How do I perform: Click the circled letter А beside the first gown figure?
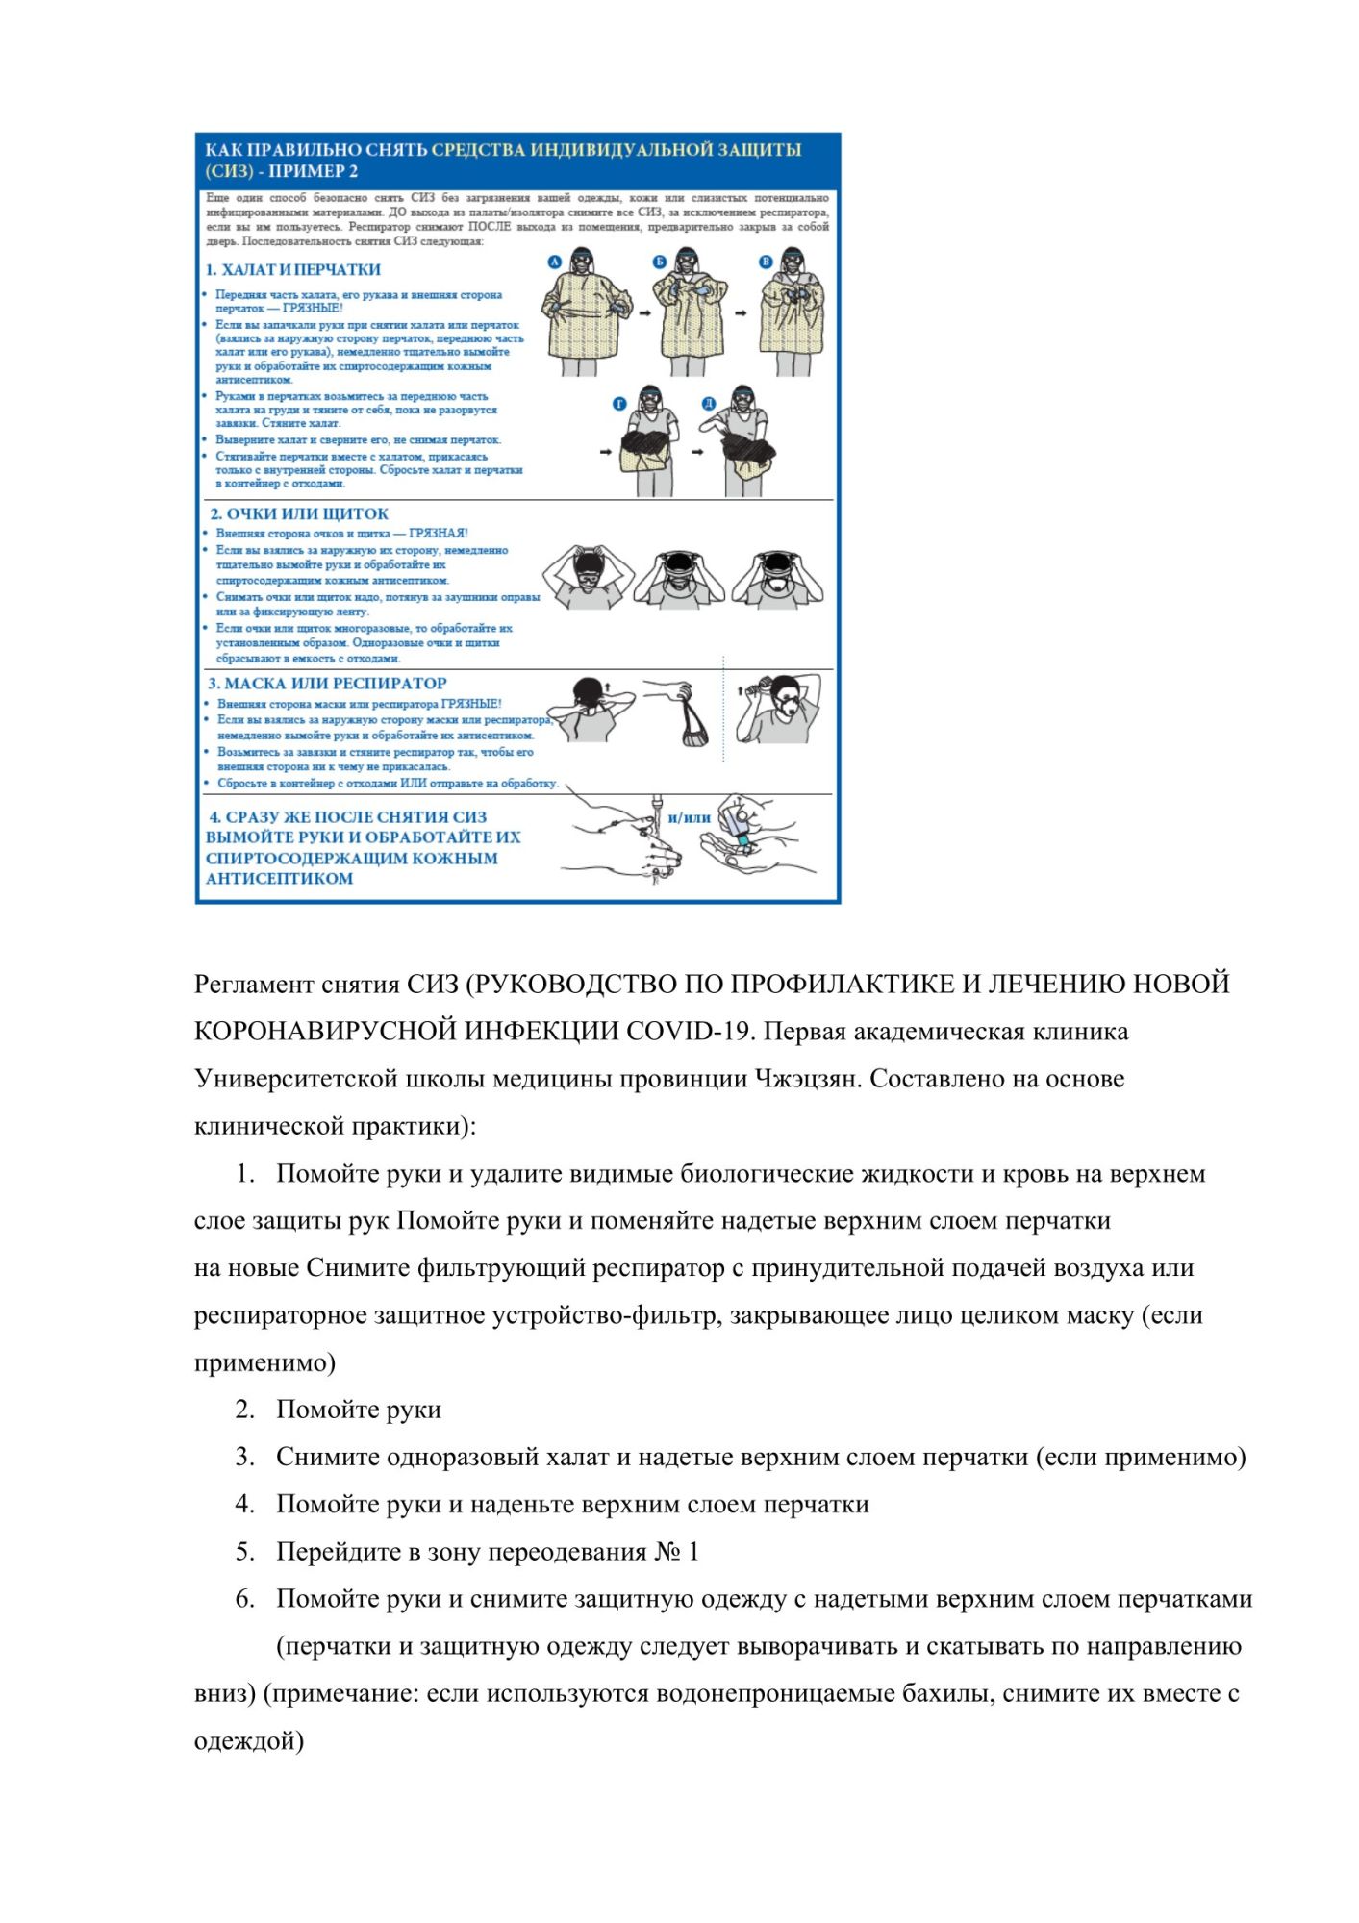point(554,262)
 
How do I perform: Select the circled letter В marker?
point(767,262)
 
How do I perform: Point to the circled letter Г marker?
point(620,404)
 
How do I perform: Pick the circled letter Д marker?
point(709,404)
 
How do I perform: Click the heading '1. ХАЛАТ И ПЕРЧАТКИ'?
point(293,270)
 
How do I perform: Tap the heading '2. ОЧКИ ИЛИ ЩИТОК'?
point(299,514)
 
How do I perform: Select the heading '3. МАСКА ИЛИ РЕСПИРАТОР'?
point(328,684)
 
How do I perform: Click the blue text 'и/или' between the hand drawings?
point(690,818)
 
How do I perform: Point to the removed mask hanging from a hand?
point(692,729)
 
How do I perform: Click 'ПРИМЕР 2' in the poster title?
point(314,172)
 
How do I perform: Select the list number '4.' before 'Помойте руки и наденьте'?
point(245,1505)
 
